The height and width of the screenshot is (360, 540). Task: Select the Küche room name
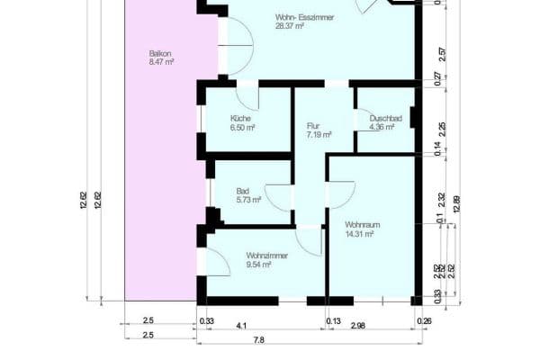point(239,118)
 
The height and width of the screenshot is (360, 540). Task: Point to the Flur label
point(313,125)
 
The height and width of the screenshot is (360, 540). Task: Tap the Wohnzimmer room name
point(266,256)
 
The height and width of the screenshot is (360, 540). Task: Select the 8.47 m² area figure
point(161,63)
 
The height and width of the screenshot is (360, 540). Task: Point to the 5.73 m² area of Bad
point(246,200)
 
